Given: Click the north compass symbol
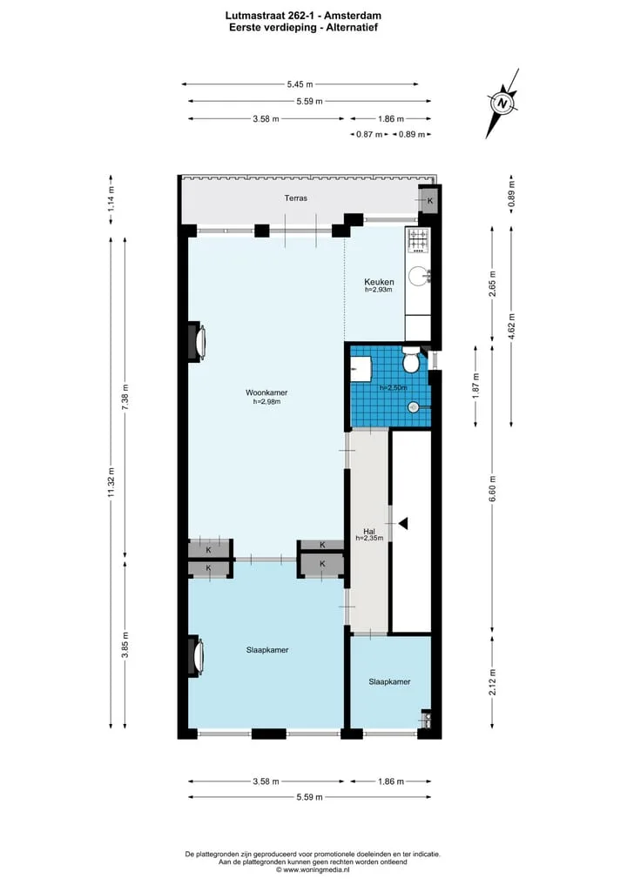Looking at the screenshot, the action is tap(502, 104).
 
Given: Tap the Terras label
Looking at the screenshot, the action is tap(296, 198).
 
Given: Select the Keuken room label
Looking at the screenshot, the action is tap(379, 282).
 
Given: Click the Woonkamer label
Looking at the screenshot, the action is tap(266, 392).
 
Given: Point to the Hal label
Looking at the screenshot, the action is tap(369, 532).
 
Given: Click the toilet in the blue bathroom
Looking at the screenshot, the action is tap(411, 360).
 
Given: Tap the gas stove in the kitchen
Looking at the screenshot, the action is tap(419, 240).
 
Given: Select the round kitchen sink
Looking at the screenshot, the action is tap(419, 276).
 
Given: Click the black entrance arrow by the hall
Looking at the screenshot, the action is tap(402, 524).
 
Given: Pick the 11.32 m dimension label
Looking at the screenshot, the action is tap(111, 483).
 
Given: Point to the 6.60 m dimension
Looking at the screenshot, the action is tap(492, 489).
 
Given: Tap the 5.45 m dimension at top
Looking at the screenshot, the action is tap(300, 84).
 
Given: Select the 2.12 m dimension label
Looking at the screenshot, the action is tap(492, 682).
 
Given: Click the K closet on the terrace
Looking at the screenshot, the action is tap(430, 201).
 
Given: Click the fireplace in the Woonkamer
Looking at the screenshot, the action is tap(197, 341).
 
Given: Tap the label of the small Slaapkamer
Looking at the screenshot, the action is tap(390, 682).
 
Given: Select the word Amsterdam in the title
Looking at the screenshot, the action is tap(353, 17).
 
